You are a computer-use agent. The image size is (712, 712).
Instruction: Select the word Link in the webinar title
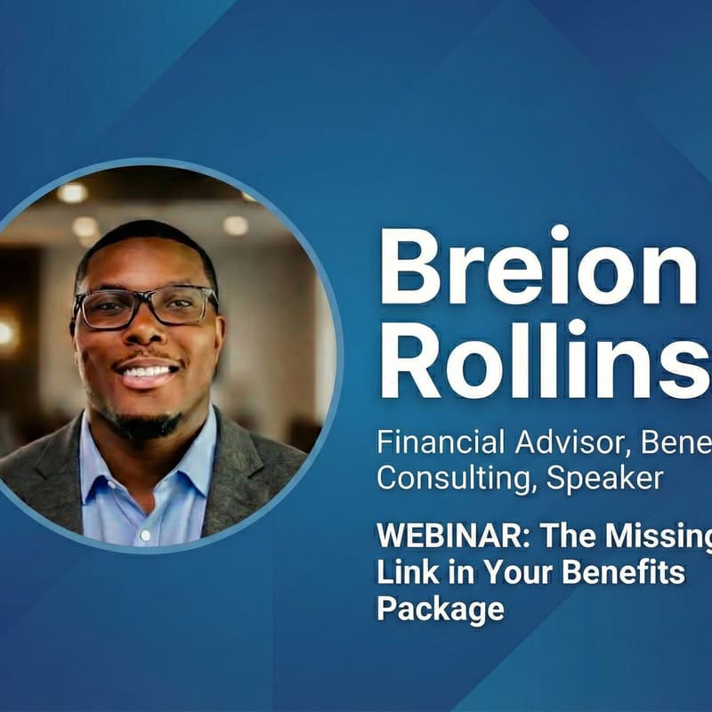tap(400, 571)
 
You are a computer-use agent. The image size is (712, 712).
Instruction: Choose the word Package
tap(440, 609)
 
